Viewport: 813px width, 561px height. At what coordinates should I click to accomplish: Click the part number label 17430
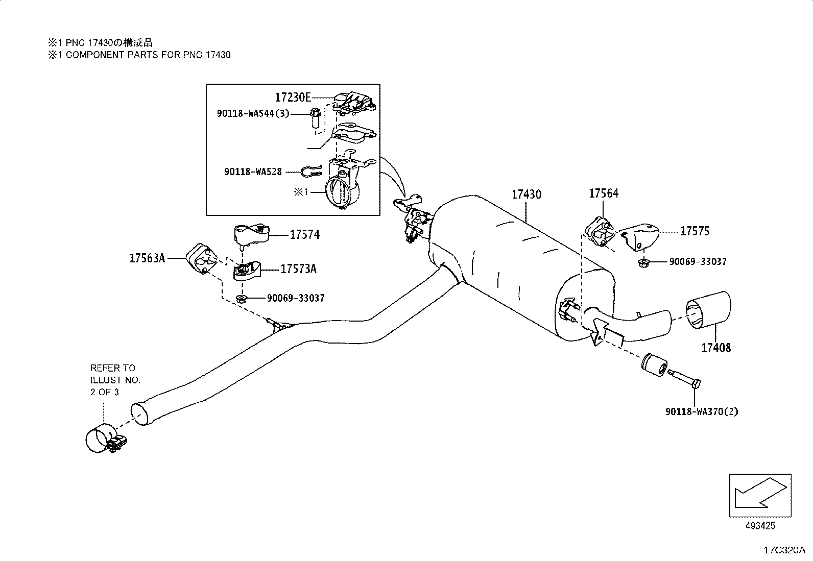527,194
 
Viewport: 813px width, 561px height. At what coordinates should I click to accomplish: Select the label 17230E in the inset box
293,97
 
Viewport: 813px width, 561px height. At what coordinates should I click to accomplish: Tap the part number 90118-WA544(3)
253,114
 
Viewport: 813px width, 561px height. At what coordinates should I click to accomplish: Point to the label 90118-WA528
253,172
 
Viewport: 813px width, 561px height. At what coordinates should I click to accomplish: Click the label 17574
305,235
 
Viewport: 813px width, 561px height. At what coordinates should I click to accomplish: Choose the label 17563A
148,258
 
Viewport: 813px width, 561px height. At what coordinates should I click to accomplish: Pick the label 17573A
298,269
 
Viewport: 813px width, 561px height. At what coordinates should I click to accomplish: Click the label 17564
604,193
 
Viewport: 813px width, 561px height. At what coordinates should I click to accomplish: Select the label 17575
695,231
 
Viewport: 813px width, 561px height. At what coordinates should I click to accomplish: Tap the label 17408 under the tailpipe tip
716,348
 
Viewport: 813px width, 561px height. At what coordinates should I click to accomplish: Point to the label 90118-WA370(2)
702,411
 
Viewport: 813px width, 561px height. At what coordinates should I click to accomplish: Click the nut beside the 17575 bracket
643,262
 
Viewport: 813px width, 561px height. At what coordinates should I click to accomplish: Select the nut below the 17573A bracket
241,299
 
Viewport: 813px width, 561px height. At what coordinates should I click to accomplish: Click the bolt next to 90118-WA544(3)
315,118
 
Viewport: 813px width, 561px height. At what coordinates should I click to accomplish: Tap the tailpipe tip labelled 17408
708,310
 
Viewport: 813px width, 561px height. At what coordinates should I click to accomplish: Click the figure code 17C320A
784,550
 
